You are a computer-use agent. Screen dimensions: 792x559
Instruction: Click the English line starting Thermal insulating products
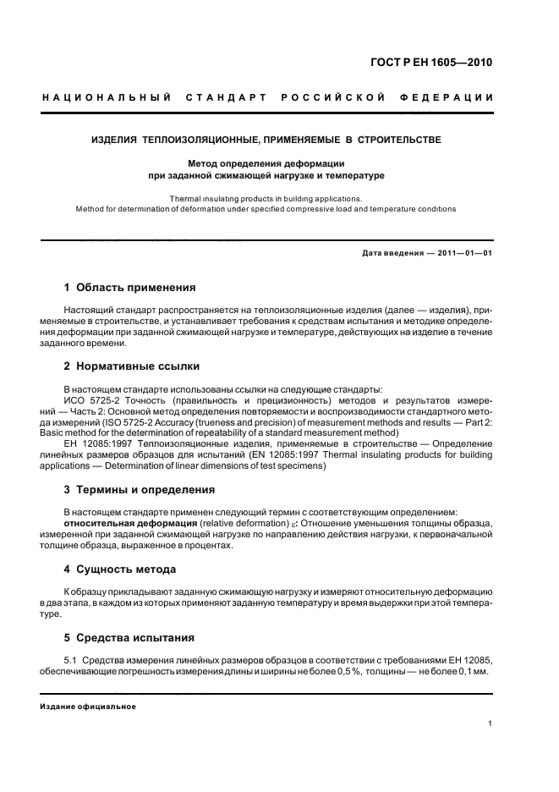coord(266,198)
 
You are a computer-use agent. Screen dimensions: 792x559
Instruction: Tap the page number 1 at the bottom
coord(490,723)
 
